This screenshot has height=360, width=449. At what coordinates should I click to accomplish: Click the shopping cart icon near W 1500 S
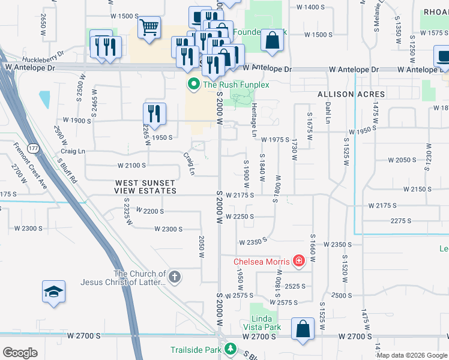coord(149,27)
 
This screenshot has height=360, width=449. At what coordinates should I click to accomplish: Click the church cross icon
coord(174,277)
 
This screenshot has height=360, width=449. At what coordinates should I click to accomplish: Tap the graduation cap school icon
coord(53,292)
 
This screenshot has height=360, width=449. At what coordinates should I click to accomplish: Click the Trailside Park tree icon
coord(230,349)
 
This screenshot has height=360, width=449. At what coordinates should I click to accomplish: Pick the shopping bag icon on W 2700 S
coord(303,329)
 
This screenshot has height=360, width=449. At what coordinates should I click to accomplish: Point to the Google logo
coord(20,353)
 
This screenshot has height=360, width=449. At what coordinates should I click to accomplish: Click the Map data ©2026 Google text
coord(412,355)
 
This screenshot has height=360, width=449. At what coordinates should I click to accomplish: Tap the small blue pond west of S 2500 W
coord(44,100)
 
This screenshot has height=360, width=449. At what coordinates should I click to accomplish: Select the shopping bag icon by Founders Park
coord(272,40)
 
